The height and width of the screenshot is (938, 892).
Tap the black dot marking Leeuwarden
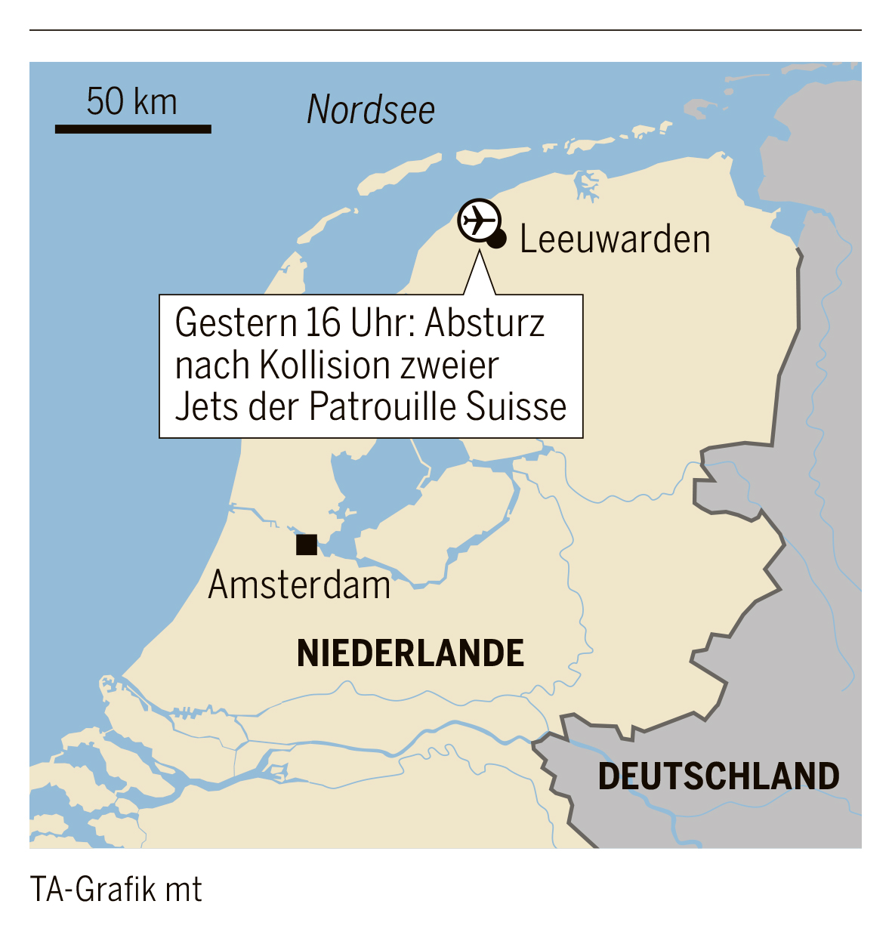pos(496,240)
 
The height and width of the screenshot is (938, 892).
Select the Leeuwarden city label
pos(615,239)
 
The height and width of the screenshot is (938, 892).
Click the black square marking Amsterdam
pos(306,545)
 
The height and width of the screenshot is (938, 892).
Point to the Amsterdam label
pos(299,585)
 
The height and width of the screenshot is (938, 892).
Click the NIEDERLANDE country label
pos(410,653)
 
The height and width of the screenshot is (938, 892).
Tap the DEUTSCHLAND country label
pos(718,776)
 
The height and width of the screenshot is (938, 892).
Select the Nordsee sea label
pos(371,110)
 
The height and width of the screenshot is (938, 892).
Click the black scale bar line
pos(133,129)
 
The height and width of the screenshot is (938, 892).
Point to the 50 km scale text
pos(131,102)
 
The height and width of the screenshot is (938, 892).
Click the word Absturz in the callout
pos(485,324)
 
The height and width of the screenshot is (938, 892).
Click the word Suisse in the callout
pos(516,406)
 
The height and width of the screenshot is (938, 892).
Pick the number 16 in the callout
pos(323,324)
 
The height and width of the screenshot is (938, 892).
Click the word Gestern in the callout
pos(236,324)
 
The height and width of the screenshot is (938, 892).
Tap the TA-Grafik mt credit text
pos(116,890)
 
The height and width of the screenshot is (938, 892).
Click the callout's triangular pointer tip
pos(480,255)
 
